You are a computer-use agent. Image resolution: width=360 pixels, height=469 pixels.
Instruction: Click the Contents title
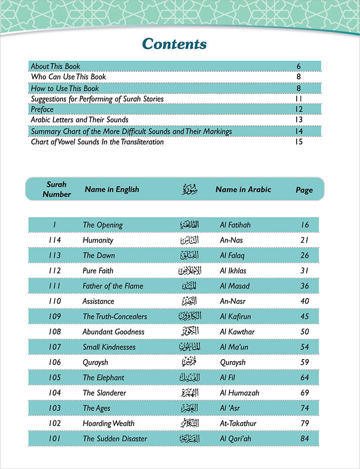(x=174, y=44)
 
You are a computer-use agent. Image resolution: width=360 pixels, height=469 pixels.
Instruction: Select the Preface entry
(x=42, y=109)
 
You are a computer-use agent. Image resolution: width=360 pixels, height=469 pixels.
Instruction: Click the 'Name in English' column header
(x=112, y=189)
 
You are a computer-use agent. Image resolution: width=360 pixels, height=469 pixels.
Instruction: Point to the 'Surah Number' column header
(x=56, y=189)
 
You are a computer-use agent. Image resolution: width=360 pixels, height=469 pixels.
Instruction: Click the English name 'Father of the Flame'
(x=112, y=286)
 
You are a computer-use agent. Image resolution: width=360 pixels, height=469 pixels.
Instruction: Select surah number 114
(x=54, y=240)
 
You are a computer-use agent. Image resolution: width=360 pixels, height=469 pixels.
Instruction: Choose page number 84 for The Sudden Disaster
(x=305, y=438)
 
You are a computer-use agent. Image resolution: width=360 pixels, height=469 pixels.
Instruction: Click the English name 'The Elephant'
(x=103, y=378)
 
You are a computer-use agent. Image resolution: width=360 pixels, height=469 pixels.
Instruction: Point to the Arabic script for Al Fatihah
(x=186, y=225)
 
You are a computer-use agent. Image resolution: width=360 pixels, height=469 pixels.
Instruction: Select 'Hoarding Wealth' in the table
(x=108, y=423)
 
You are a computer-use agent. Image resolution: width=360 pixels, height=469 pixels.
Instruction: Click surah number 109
(x=54, y=316)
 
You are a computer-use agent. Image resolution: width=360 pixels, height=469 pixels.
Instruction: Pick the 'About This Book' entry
(x=55, y=66)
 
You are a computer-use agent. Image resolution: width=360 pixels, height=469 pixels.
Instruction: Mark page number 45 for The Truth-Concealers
(x=305, y=316)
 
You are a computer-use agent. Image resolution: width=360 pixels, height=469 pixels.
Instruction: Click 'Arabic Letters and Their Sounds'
(x=79, y=120)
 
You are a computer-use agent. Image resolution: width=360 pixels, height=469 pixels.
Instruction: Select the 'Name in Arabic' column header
(x=243, y=189)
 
